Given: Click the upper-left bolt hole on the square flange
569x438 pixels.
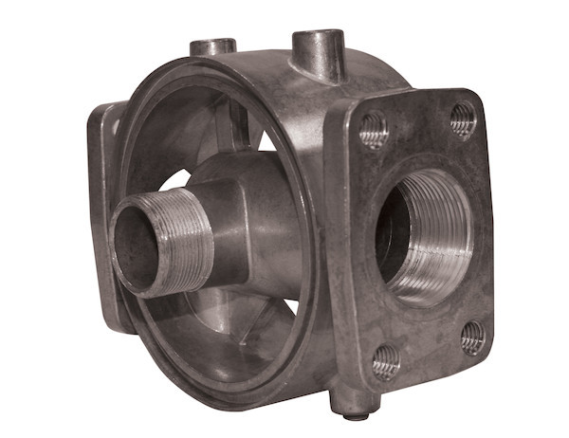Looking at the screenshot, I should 374,129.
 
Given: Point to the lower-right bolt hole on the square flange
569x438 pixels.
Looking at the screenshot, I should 473,336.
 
